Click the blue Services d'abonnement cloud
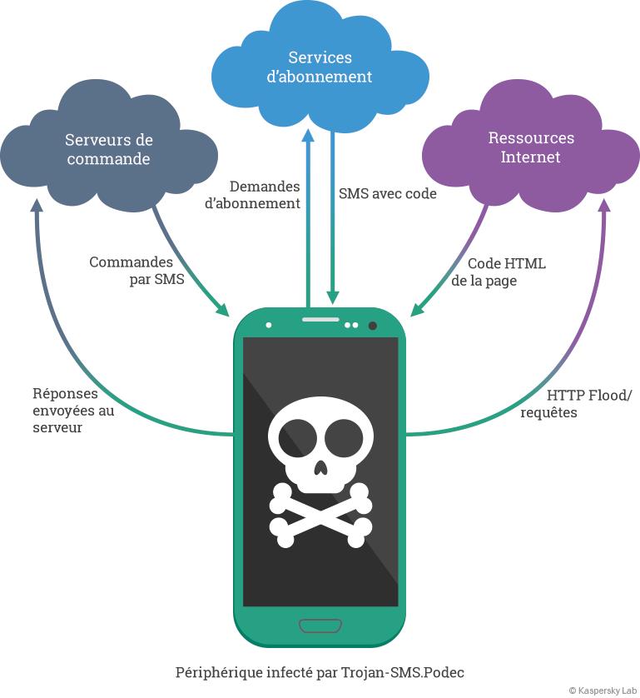coord(320,67)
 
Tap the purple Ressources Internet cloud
coord(531,147)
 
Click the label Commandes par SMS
coord(136,270)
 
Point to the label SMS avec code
coord(387,193)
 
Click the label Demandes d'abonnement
coord(253,195)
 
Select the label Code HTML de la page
coord(499,272)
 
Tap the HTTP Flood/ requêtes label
coord(576,403)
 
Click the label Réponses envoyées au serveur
coord(73,410)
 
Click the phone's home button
coord(320,626)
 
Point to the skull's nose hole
coord(320,468)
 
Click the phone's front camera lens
coord(373,326)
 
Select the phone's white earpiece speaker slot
coord(320,319)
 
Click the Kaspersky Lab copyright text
coord(603,691)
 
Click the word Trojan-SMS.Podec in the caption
coord(403,671)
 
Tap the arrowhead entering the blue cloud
coord(308,135)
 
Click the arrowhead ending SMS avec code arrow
coord(333,298)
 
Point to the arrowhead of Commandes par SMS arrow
coord(222,309)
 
